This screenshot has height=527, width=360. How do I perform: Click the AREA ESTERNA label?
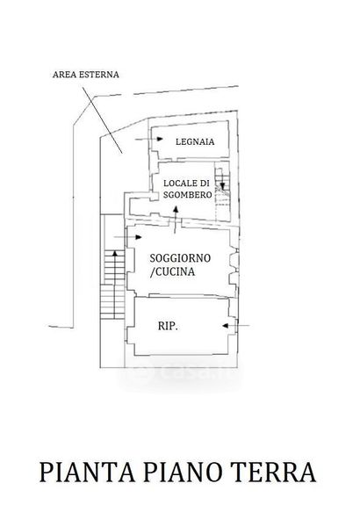[x=86, y=75]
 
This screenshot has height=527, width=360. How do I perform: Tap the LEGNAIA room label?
[x=195, y=141]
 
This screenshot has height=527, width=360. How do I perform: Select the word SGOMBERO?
[x=188, y=195]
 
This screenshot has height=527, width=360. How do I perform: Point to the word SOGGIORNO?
[x=180, y=258]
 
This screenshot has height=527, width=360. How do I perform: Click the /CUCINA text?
[x=172, y=272]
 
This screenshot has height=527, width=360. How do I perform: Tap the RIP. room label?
[x=168, y=326]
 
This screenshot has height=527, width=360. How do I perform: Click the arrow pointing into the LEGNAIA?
[x=149, y=139]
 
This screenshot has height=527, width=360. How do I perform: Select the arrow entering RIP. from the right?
[x=235, y=326]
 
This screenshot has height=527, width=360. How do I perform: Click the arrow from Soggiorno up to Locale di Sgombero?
[x=176, y=220]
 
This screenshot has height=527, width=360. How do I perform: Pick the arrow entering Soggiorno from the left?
[x=127, y=237]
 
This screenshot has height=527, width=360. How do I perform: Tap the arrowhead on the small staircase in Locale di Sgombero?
[x=222, y=185]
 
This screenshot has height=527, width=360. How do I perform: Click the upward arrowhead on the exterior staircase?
[x=115, y=253]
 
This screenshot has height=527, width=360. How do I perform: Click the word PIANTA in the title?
[x=87, y=473]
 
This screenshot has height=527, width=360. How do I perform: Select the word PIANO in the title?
[x=183, y=473]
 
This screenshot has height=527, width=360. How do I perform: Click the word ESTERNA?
[x=99, y=75]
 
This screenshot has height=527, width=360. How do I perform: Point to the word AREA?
[x=64, y=75]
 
